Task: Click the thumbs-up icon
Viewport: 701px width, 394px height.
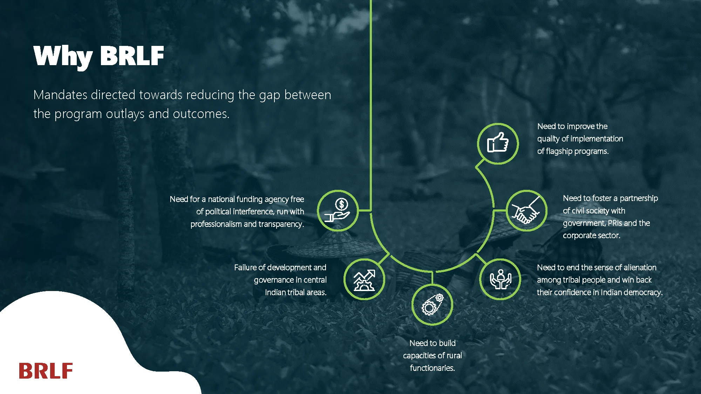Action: [498, 143]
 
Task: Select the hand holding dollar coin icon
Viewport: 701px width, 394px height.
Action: [338, 210]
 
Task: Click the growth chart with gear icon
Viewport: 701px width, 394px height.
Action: [364, 280]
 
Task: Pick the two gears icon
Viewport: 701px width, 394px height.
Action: [432, 304]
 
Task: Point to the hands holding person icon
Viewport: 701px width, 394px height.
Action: [501, 279]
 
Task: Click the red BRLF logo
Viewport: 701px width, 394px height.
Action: [46, 371]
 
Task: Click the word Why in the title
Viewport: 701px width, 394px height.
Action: [63, 56]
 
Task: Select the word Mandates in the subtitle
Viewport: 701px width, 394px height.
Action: [60, 95]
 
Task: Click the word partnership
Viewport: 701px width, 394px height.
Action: [639, 199]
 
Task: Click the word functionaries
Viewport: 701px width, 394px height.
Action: [433, 368]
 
